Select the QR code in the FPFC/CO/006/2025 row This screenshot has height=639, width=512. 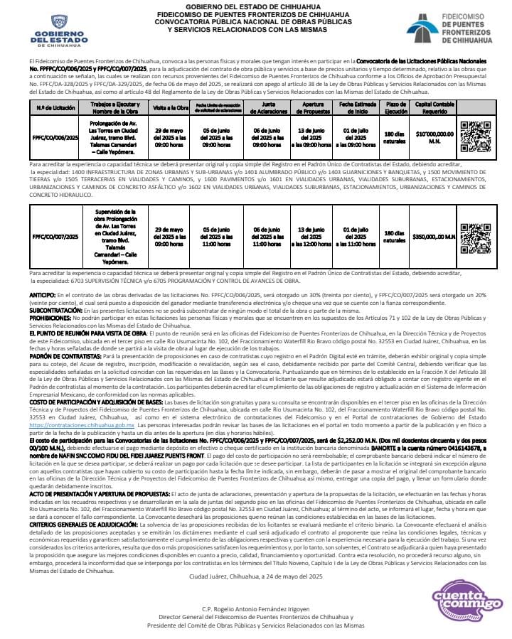coord(475,136)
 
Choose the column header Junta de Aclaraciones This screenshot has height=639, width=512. coord(264,107)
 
